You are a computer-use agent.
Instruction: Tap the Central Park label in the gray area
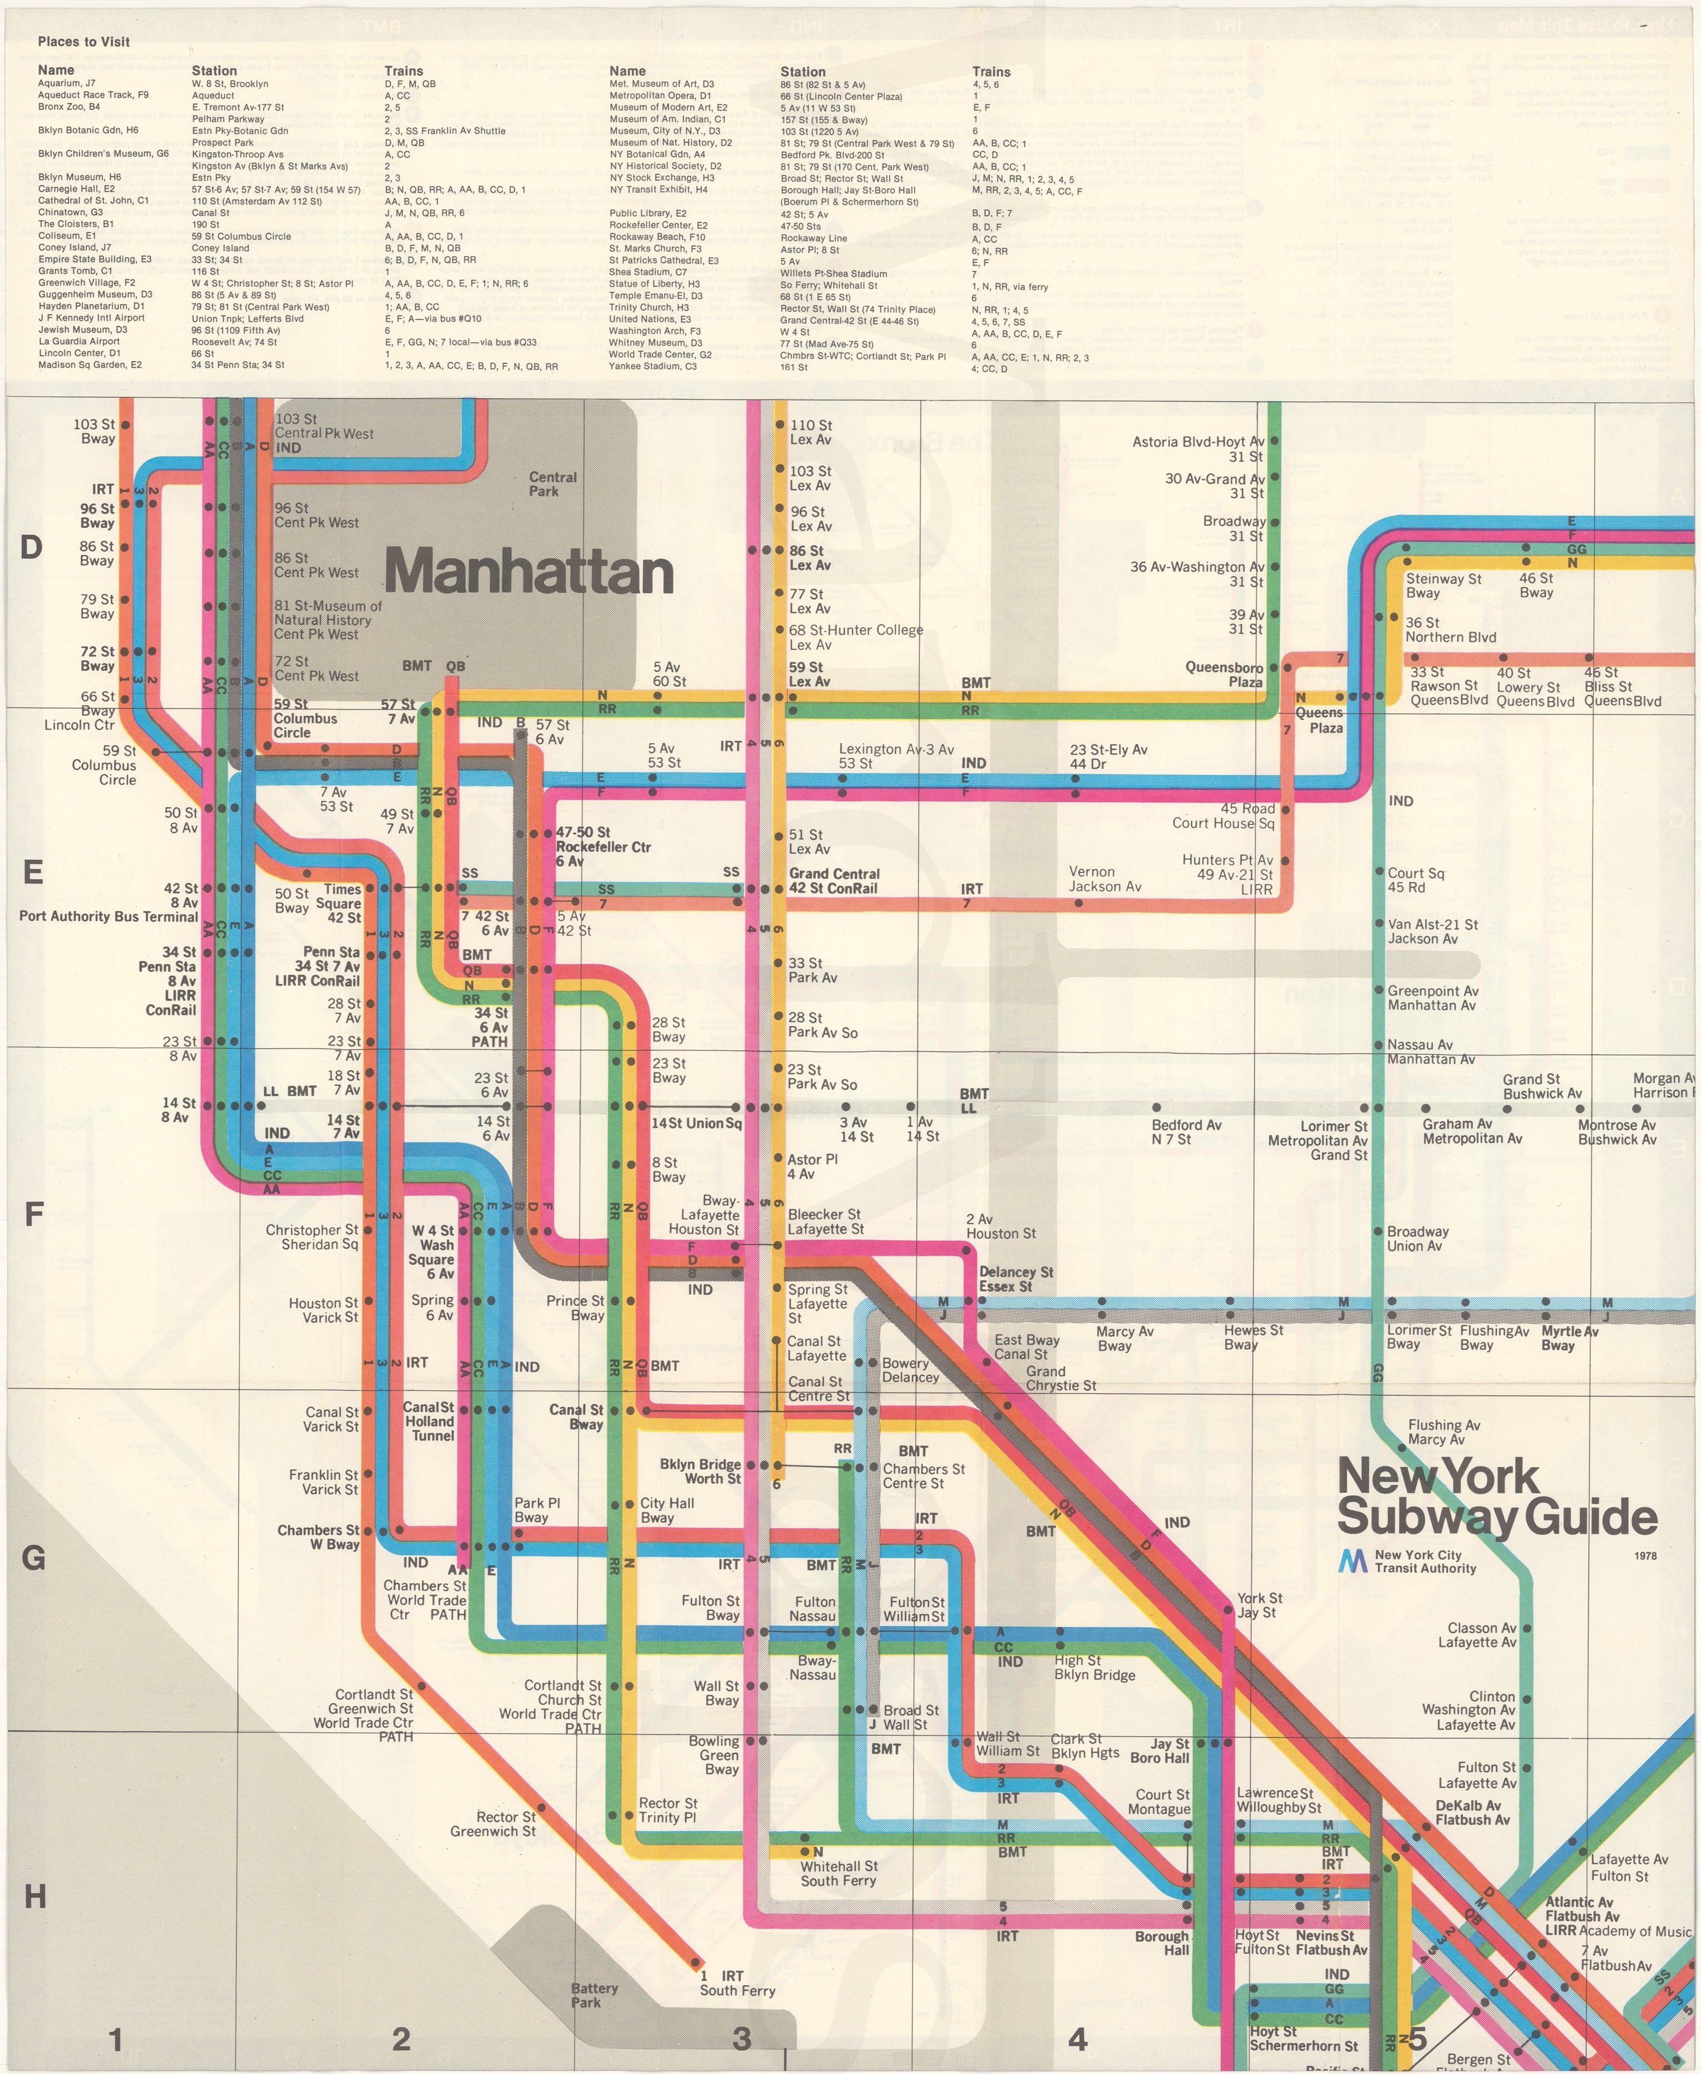tap(552, 484)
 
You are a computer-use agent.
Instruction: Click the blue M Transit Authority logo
tap(1353, 1561)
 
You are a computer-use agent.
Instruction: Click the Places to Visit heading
tap(84, 41)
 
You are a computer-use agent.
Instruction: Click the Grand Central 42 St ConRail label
tap(834, 881)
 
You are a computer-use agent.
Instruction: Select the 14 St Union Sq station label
tap(696, 1123)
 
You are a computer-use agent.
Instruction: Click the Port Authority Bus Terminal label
tap(109, 916)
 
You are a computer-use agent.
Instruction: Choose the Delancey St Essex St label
tap(1015, 1279)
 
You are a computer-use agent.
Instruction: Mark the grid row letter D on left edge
tap(31, 548)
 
